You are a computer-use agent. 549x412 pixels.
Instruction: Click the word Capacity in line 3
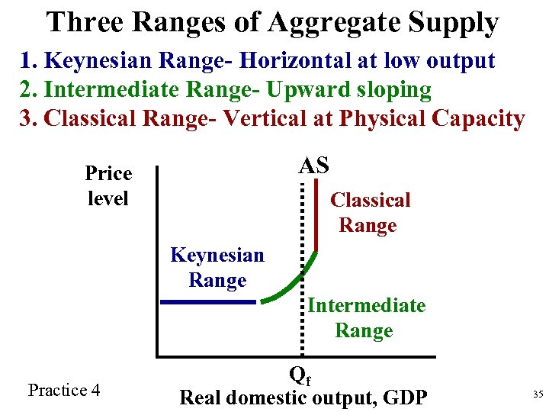[x=478, y=119]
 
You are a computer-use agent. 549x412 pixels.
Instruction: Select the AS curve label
[x=313, y=166]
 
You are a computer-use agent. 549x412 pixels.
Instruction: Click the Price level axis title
[x=108, y=186]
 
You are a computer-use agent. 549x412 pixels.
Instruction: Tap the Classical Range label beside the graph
[x=370, y=213]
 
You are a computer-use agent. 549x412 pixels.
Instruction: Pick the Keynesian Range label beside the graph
[x=217, y=267]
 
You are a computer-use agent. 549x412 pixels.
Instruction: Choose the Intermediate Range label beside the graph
[x=366, y=318]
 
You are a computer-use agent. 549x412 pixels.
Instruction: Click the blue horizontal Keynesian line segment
[x=207, y=302]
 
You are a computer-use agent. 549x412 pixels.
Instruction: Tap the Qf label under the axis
[x=301, y=375]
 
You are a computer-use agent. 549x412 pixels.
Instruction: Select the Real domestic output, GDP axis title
[x=303, y=398]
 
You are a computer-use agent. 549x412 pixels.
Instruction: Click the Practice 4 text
[x=64, y=391]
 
